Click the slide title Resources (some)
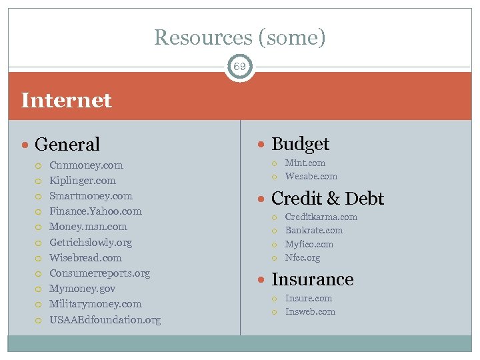[240, 37]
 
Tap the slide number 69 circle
[240, 67]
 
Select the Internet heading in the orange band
[67, 101]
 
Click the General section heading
[67, 144]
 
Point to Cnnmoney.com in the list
[86, 165]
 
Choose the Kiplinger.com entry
[83, 181]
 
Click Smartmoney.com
[91, 196]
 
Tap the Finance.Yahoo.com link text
[95, 211]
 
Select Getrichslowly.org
[91, 243]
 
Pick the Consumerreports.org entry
[99, 273]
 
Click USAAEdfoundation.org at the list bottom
[105, 320]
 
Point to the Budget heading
[300, 144]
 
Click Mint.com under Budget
[305, 163]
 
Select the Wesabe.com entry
[311, 177]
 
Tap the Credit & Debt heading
[327, 199]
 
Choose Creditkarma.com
[321, 217]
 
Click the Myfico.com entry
[309, 245]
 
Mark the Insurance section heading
[312, 279]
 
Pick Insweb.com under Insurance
[310, 312]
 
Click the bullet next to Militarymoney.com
[39, 305]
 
